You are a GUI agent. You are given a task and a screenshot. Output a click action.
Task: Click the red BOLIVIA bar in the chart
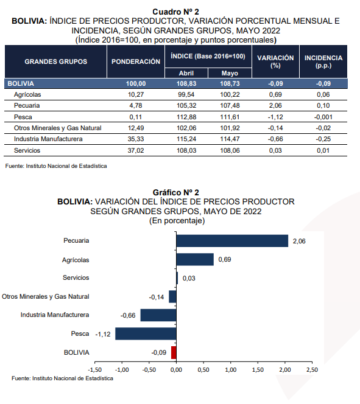click(174, 352)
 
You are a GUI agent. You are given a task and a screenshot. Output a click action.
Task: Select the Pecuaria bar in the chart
click(232, 241)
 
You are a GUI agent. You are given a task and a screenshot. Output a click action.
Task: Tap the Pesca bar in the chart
click(146, 333)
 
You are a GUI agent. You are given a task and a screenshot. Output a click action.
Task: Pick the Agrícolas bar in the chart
click(195, 259)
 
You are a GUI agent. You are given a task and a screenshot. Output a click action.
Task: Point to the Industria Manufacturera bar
click(158, 315)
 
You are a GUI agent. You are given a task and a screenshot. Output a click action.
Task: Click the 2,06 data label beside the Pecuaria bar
click(299, 241)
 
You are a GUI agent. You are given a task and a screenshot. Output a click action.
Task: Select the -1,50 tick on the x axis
click(94, 370)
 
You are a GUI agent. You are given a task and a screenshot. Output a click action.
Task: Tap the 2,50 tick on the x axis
click(312, 370)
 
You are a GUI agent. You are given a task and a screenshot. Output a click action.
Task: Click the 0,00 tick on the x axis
click(176, 370)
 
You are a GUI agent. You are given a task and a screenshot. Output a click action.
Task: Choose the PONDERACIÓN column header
click(136, 61)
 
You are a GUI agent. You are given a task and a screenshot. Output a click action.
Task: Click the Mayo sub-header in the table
click(230, 73)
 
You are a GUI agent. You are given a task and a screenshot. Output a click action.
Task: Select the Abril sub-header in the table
click(186, 73)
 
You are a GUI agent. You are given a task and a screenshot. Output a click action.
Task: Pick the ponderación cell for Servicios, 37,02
click(136, 150)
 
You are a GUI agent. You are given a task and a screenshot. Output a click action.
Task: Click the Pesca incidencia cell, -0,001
click(323, 117)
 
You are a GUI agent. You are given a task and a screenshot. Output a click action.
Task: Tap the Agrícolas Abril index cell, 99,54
click(186, 94)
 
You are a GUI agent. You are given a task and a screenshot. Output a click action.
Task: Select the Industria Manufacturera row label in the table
click(48, 139)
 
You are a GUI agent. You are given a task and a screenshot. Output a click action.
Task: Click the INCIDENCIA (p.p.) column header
click(323, 61)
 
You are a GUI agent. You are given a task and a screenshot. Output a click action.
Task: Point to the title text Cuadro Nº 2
click(175, 12)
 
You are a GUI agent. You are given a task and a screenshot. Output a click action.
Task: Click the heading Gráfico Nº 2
click(176, 192)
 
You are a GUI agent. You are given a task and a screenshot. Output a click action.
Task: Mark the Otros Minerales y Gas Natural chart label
click(46, 296)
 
